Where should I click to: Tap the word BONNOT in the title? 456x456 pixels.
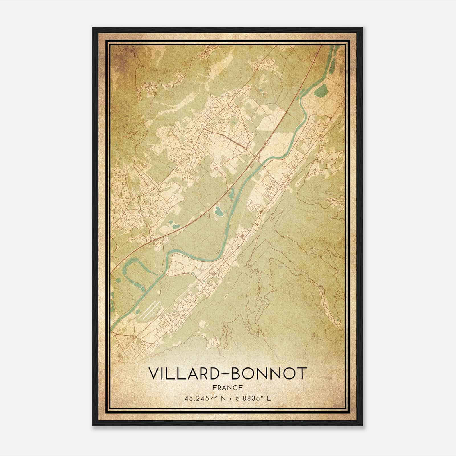(270, 373)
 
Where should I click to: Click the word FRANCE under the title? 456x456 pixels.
(227, 388)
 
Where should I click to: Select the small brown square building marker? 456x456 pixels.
(243, 235)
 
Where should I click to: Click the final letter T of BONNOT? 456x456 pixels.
(303, 373)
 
